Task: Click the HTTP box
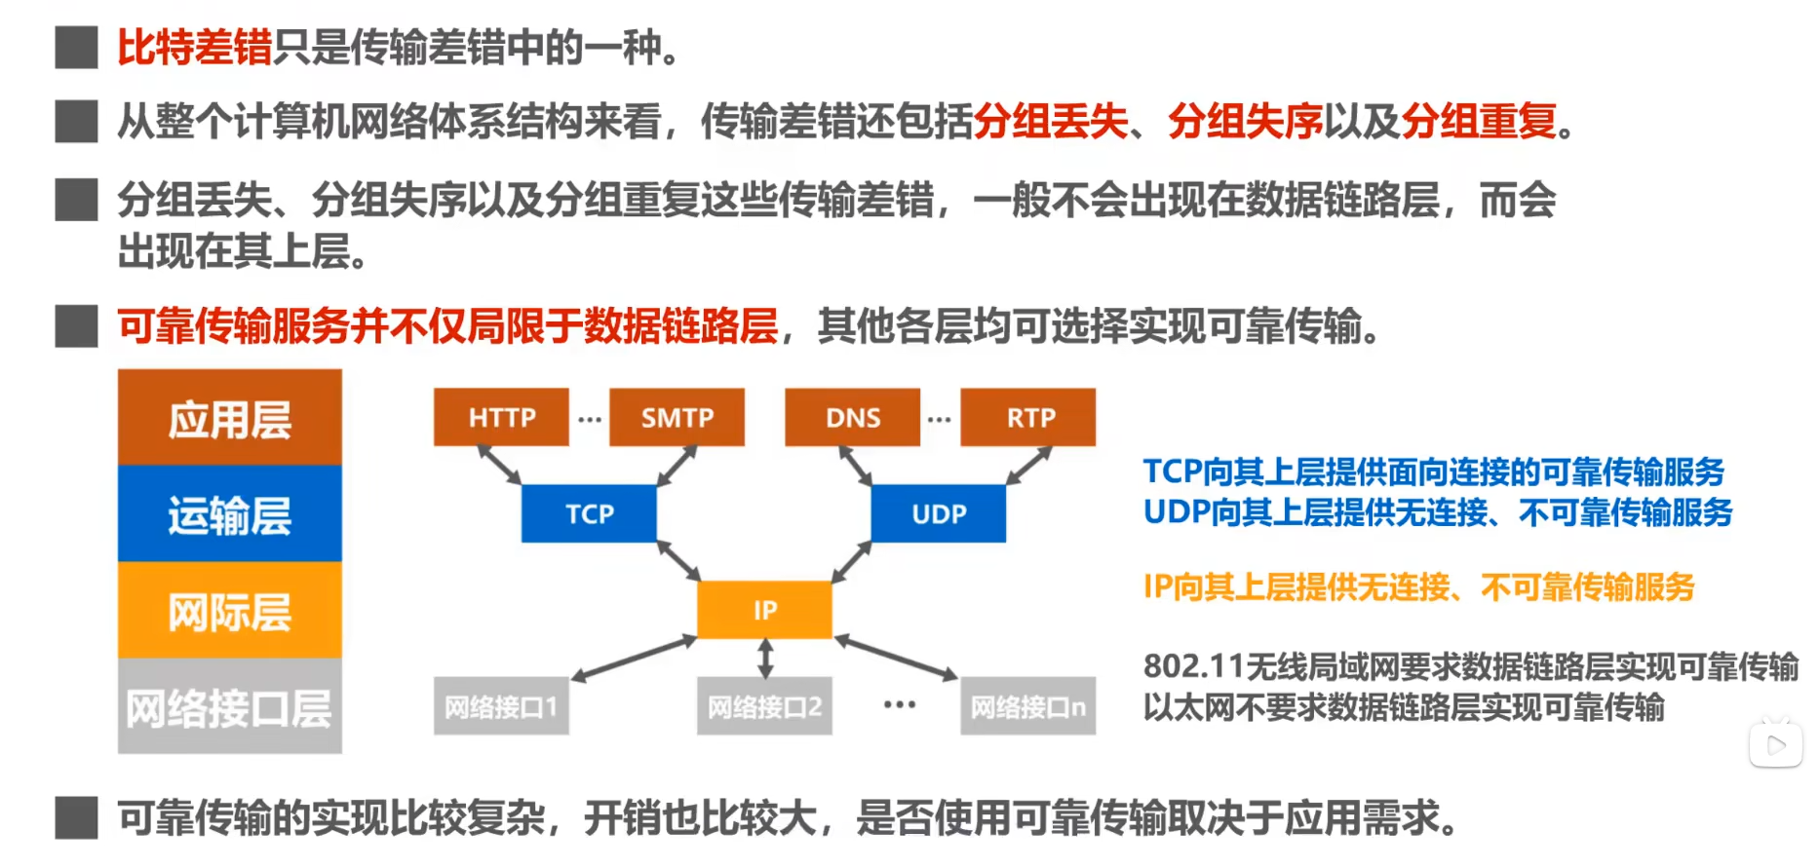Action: pyautogui.click(x=501, y=417)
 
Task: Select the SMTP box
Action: pyautogui.click(x=677, y=417)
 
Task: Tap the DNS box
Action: pyautogui.click(x=852, y=417)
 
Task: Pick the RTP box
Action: pyautogui.click(x=1028, y=417)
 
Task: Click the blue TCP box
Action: pyautogui.click(x=589, y=513)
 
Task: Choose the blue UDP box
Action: pyautogui.click(x=938, y=513)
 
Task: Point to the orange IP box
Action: pyautogui.click(x=764, y=610)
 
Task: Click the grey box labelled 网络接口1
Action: pyautogui.click(x=501, y=706)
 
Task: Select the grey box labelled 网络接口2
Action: pyautogui.click(x=764, y=706)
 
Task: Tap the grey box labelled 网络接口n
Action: pyautogui.click(x=1027, y=706)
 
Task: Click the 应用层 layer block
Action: pyautogui.click(x=230, y=419)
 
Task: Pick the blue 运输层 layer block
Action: pyautogui.click(x=230, y=514)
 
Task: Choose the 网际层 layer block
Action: pyautogui.click(x=230, y=611)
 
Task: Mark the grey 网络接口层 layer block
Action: pyautogui.click(x=230, y=707)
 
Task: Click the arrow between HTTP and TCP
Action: pyautogui.click(x=499, y=465)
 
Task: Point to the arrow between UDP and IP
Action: pyautogui.click(x=851, y=562)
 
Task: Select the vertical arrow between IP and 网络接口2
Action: pyautogui.click(x=765, y=658)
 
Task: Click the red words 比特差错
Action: pyautogui.click(x=194, y=47)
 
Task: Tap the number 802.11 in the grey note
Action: pyautogui.click(x=1194, y=666)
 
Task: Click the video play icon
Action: pyautogui.click(x=1776, y=745)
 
